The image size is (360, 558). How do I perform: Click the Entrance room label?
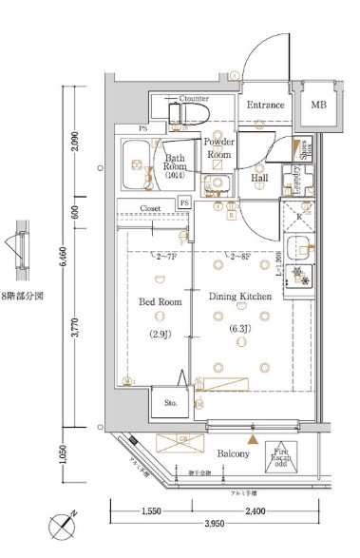click(x=265, y=105)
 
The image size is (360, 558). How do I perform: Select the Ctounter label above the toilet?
click(x=193, y=98)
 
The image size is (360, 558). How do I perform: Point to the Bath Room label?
click(x=174, y=164)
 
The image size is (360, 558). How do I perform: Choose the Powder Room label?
click(x=219, y=147)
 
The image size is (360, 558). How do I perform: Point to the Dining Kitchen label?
click(x=240, y=297)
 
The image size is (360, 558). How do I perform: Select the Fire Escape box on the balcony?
click(x=283, y=457)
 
